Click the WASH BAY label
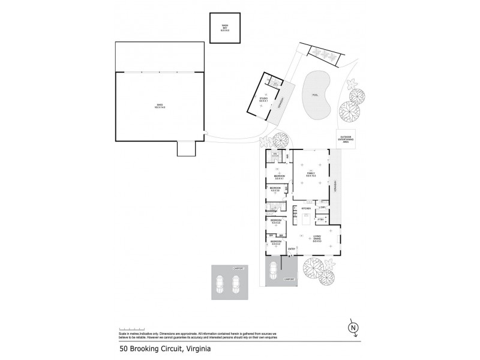click(x=224, y=26)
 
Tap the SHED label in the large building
click(x=160, y=106)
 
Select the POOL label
click(x=315, y=95)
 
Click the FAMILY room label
click(x=310, y=173)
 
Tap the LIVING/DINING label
click(x=317, y=238)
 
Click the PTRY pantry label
click(x=320, y=220)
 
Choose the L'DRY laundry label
click(x=322, y=208)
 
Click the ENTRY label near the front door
click(x=292, y=249)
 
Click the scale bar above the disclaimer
click(x=129, y=328)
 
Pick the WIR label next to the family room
click(x=287, y=156)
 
